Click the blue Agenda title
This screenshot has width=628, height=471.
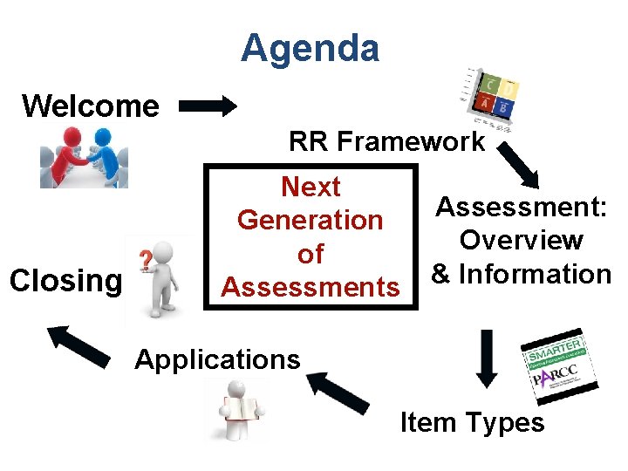(310, 48)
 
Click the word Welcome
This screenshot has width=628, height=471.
(91, 106)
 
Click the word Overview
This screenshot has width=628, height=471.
(522, 240)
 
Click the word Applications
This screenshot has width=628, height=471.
(217, 359)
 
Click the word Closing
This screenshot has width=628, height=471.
(65, 281)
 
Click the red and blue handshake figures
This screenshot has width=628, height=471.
(84, 156)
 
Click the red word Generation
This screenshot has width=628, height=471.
(310, 220)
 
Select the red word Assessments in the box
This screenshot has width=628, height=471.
(310, 286)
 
